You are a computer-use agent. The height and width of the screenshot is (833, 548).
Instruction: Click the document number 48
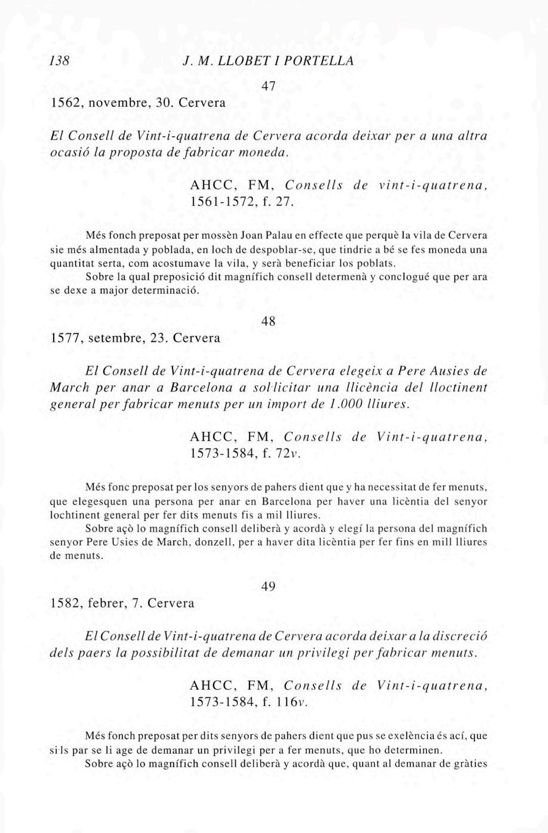[x=269, y=321]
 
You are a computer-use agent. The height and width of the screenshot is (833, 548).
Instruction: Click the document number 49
[x=269, y=587]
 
